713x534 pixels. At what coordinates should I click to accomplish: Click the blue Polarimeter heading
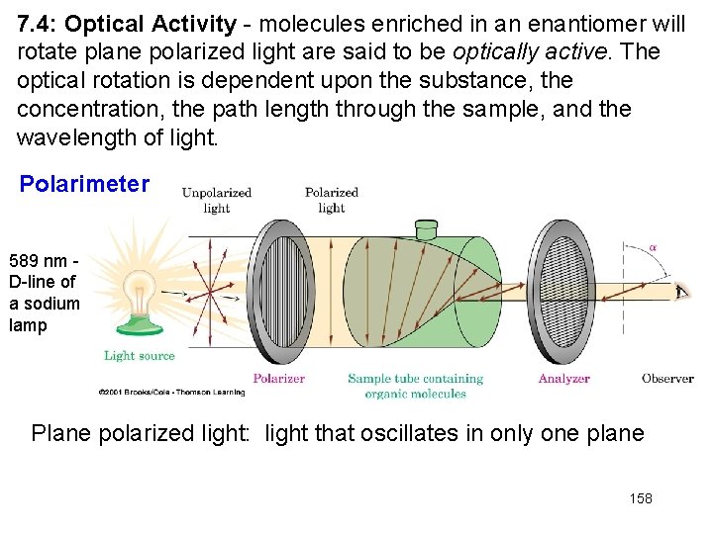pyautogui.click(x=85, y=184)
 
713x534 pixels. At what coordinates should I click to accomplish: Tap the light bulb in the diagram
pyautogui.click(x=139, y=293)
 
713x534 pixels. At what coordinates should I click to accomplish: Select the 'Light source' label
pyautogui.click(x=139, y=355)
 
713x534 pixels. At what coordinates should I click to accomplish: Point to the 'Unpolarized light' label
pyautogui.click(x=216, y=200)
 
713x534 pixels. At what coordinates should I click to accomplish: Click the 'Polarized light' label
pyautogui.click(x=331, y=200)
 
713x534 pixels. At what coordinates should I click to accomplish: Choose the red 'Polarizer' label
pyautogui.click(x=278, y=378)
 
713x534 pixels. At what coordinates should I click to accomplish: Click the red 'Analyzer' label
pyautogui.click(x=563, y=378)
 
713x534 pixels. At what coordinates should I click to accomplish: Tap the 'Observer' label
pyautogui.click(x=666, y=378)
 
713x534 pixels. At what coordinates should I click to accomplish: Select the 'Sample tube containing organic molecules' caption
pyautogui.click(x=415, y=386)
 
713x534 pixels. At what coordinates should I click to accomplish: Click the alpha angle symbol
pyautogui.click(x=654, y=247)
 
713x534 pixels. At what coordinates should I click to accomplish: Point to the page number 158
pyautogui.click(x=641, y=498)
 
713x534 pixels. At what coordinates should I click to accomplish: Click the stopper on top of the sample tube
pyautogui.click(x=427, y=229)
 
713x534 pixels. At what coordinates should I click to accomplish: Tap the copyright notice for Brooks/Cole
pyautogui.click(x=170, y=393)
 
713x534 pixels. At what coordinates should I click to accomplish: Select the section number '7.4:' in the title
pyautogui.click(x=38, y=24)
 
